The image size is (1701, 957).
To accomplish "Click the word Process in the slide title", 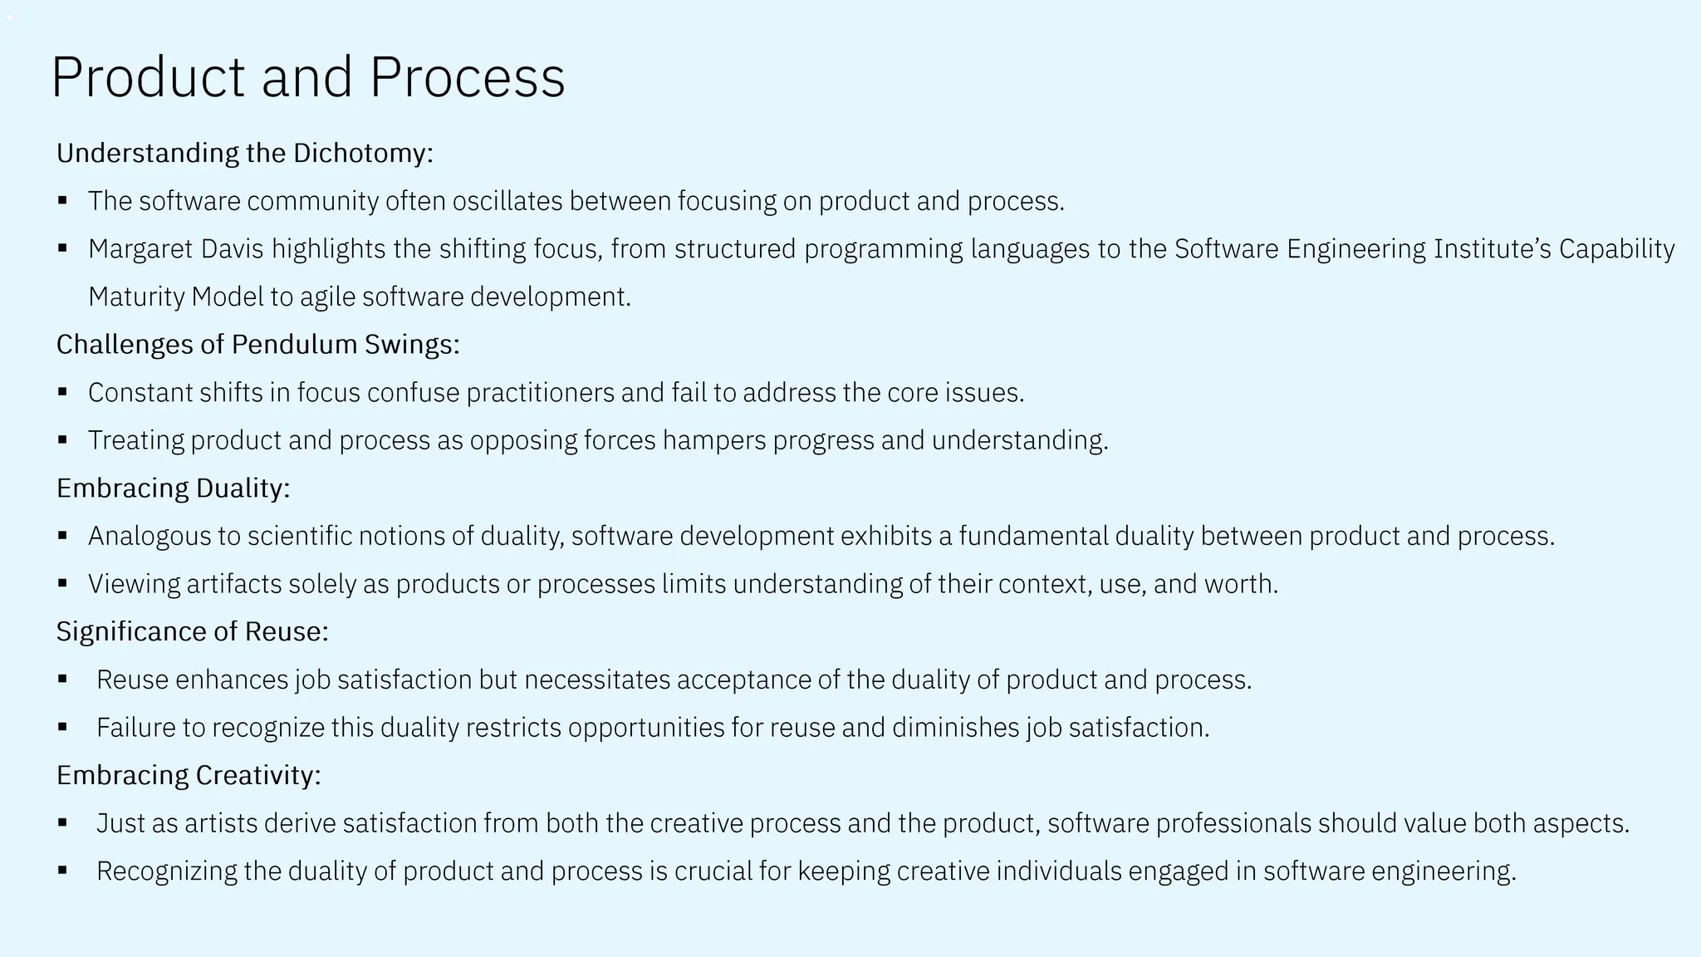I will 467,77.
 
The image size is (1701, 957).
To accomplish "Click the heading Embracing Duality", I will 173,488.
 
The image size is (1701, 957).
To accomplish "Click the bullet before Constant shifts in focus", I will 62,392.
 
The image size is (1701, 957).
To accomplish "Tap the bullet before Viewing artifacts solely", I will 62,584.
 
